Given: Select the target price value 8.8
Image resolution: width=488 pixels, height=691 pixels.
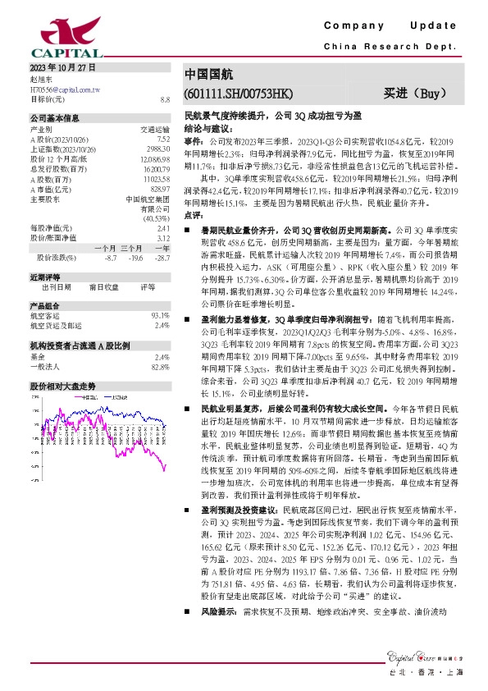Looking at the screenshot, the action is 165,98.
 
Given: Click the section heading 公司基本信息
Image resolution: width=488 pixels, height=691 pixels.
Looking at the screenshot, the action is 55,118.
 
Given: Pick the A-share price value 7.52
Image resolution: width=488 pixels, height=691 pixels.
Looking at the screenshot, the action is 162,139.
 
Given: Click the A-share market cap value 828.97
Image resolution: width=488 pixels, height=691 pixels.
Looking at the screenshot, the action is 159,188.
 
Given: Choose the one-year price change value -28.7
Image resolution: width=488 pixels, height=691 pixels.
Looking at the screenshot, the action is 162,258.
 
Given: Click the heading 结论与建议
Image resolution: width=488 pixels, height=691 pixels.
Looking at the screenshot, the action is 207,129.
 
